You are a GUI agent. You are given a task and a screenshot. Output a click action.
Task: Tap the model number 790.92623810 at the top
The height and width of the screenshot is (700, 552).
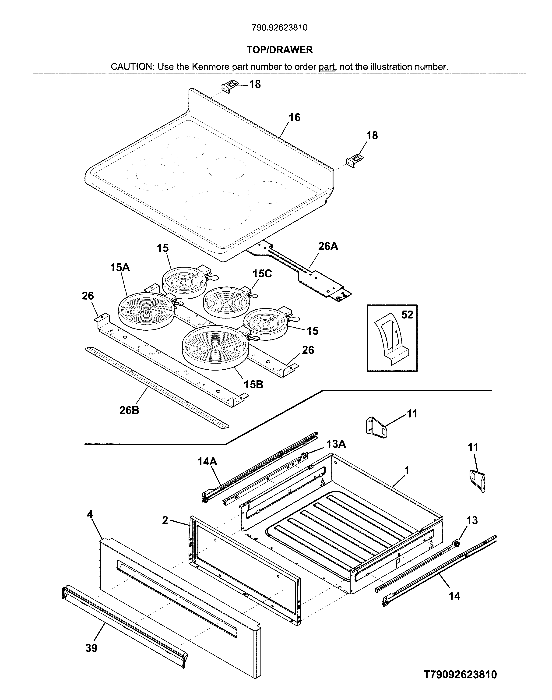pyautogui.click(x=280, y=28)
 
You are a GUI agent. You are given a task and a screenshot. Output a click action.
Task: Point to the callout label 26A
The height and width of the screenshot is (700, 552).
pyautogui.click(x=328, y=246)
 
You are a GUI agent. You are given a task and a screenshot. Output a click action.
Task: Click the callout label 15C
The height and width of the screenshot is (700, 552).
pyautogui.click(x=262, y=274)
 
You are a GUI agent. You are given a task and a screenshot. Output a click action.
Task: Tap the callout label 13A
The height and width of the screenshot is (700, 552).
pyautogui.click(x=336, y=444)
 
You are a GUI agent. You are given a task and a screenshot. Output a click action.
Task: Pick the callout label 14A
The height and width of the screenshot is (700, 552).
pyautogui.click(x=207, y=462)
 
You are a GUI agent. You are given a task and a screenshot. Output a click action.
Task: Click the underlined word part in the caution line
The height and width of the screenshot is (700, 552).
pyautogui.click(x=327, y=67)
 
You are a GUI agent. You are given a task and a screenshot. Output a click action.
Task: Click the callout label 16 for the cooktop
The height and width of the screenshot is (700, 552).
pyautogui.click(x=294, y=117)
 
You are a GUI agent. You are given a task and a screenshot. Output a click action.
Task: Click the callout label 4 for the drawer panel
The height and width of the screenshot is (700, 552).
pyautogui.click(x=90, y=514)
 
